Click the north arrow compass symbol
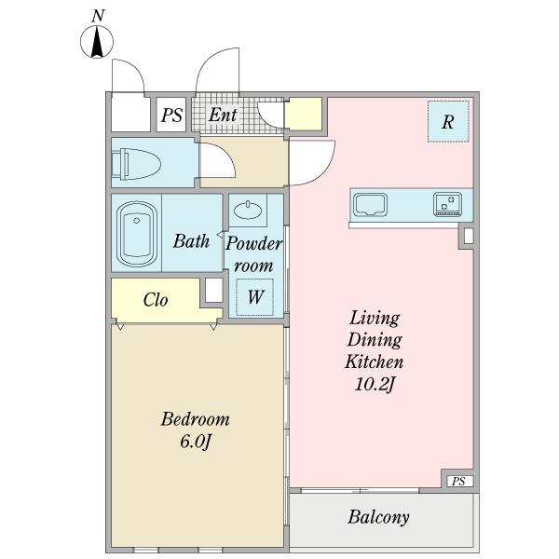tap(97, 42)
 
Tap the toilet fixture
tap(136, 164)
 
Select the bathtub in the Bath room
tap(137, 234)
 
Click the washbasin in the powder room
tap(248, 211)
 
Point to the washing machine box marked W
tap(255, 297)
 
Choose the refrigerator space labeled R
tap(448, 121)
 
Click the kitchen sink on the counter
tap(370, 205)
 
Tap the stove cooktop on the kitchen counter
tap(448, 204)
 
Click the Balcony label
tap(378, 518)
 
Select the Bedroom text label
tap(195, 419)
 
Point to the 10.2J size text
tap(375, 384)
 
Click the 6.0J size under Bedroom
tap(196, 442)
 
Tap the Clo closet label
tap(156, 300)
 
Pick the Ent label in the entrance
tap(223, 115)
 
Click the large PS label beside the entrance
tap(171, 116)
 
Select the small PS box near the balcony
tap(460, 482)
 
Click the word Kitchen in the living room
tap(374, 361)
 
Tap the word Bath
tap(191, 241)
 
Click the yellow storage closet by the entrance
tap(304, 114)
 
